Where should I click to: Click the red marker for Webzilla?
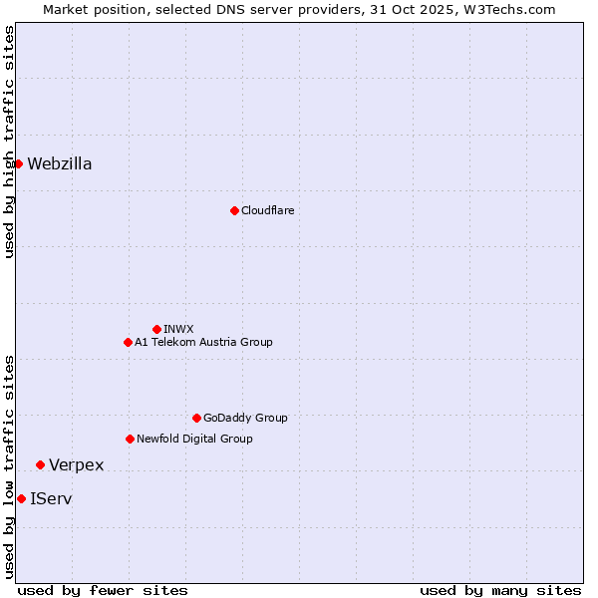18,163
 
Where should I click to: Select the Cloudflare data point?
234,210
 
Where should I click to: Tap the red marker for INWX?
156,329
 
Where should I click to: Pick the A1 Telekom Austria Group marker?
128,342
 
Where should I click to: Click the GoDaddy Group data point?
196,418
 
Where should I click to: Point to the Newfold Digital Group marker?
130,439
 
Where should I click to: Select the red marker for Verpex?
40,464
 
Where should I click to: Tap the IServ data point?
21,498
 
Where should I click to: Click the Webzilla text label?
60,164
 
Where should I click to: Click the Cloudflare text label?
267,210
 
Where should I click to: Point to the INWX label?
178,329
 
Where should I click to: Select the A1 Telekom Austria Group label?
203,342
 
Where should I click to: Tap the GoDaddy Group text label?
245,418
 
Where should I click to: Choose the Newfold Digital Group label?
194,439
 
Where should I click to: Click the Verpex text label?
77,465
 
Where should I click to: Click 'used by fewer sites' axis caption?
103,590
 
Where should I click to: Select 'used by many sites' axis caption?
500,590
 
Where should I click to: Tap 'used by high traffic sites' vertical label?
9,142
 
